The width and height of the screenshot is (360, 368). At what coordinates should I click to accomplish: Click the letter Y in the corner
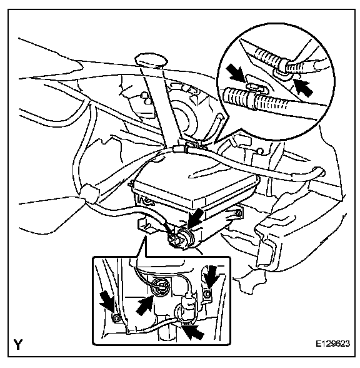click(x=18, y=344)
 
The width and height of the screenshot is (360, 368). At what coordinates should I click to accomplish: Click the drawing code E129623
click(x=332, y=344)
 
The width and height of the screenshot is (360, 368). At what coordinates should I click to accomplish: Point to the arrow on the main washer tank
click(x=196, y=219)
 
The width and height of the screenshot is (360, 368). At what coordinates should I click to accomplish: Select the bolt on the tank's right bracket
click(x=239, y=213)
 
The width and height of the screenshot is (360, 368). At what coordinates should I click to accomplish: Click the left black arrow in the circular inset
click(x=236, y=74)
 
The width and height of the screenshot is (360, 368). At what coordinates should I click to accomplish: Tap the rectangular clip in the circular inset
click(x=256, y=87)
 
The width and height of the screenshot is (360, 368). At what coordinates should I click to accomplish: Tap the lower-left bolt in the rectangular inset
click(x=116, y=318)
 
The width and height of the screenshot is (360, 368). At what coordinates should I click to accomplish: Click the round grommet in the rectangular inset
click(x=160, y=287)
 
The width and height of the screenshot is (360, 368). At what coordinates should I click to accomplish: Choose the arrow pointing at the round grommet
click(x=144, y=305)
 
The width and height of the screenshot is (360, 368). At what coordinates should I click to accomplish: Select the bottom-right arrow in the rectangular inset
click(x=193, y=330)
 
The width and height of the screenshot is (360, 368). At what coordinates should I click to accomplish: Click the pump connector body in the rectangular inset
click(x=189, y=307)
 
